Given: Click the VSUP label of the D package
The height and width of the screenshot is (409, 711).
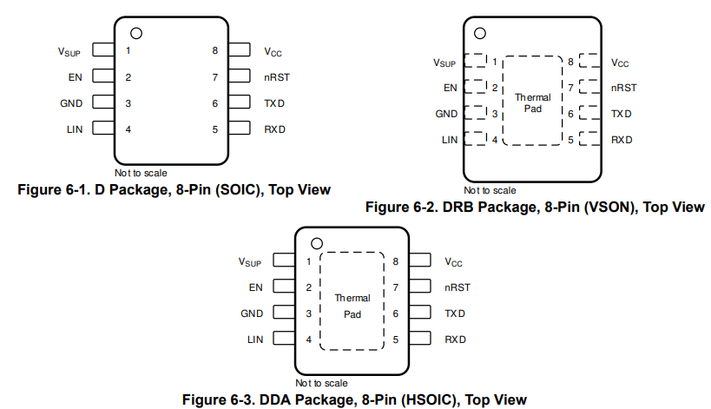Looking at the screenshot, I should click(x=69, y=51).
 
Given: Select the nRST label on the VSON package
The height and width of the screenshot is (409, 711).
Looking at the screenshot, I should click(x=623, y=88).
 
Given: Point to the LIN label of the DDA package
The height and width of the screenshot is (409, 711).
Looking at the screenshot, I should click(x=254, y=339).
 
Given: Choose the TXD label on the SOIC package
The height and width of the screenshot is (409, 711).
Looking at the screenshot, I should click(x=275, y=103).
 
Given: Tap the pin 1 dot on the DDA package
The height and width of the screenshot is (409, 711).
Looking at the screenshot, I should click(x=317, y=243).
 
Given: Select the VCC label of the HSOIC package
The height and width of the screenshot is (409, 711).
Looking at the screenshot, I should click(x=455, y=261).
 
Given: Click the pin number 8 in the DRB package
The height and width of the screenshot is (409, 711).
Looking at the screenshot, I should click(x=570, y=62).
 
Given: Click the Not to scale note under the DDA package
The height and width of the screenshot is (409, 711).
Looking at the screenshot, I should click(x=321, y=383).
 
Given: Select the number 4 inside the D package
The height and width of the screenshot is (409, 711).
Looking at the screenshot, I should click(x=128, y=129).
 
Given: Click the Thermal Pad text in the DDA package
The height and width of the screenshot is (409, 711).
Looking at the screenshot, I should click(x=352, y=306).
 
